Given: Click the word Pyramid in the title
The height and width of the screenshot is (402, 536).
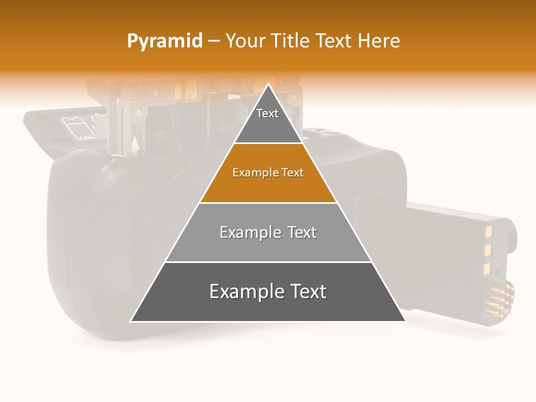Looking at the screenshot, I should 165,41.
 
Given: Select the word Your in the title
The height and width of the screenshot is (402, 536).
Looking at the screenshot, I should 245,41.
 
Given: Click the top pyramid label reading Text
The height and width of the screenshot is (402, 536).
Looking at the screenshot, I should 267,113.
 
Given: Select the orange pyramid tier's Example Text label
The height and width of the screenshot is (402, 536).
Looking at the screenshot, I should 268,173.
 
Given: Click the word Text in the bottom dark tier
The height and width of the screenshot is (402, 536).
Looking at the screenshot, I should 307,292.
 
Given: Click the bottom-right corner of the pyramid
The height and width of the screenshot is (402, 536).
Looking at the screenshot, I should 405,321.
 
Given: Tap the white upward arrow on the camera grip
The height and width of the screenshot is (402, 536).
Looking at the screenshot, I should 135,146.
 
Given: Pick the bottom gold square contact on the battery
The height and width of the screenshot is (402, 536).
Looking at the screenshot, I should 486,270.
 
